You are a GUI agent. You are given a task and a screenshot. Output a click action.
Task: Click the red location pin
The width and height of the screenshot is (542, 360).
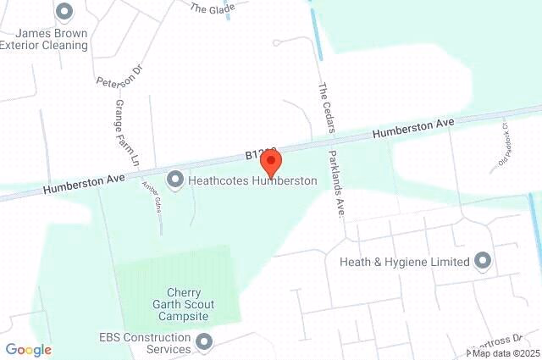pos(269,161)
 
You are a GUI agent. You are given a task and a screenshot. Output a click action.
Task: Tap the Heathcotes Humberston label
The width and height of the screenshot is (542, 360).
pos(253,180)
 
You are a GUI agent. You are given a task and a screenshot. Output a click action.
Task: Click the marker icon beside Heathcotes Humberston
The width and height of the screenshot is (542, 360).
pos(175,180)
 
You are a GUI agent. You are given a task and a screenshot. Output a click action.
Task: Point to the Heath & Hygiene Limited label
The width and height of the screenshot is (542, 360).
pos(404,262)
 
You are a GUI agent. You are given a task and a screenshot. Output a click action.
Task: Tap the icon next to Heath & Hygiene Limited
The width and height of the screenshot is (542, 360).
pos(484,261)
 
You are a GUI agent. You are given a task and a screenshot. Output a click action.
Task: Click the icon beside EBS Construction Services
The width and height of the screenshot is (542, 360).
pos(203,342)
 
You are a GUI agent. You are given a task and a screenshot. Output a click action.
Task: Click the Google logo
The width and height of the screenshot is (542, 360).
pos(28,350)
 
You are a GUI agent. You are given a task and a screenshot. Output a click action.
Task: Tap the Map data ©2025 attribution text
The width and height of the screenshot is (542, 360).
pos(505,352)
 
